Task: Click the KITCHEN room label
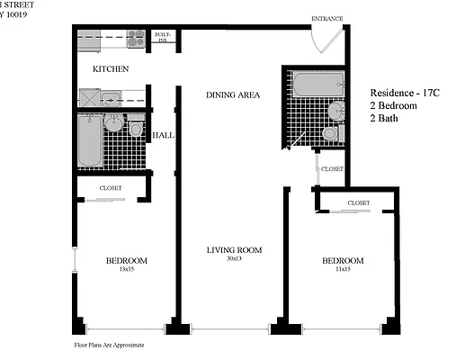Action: (111, 68)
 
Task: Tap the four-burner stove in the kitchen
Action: (136, 39)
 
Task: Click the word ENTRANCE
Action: (326, 18)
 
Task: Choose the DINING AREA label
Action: (233, 94)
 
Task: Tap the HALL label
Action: (163, 136)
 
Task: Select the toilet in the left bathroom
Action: (136, 130)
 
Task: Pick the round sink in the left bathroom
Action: (114, 124)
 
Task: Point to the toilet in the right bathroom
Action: (329, 133)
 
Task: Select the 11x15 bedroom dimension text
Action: (343, 270)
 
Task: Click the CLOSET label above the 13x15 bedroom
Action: (111, 188)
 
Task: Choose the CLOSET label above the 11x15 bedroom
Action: (358, 203)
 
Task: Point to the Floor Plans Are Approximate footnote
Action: (109, 345)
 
